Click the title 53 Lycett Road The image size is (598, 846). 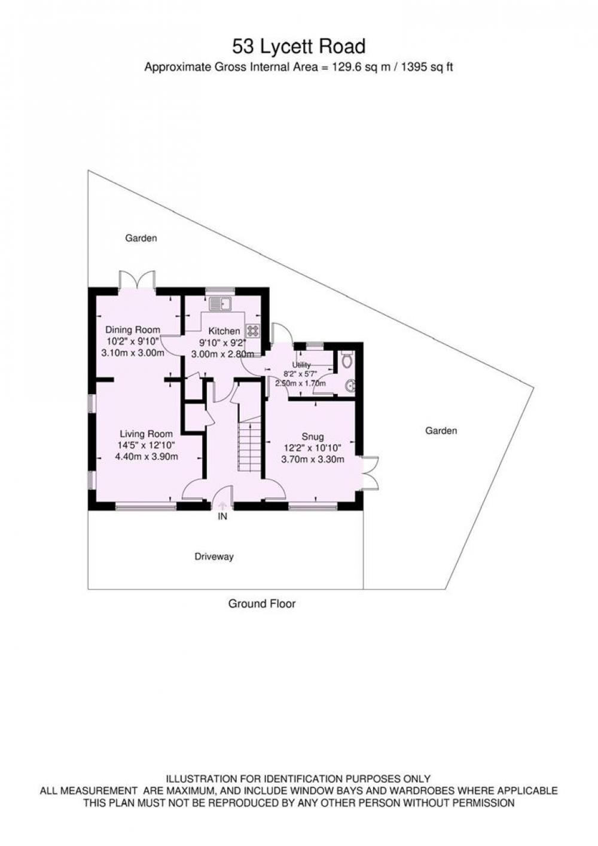299,47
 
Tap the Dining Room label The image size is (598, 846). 133,329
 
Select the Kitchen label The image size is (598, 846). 224,331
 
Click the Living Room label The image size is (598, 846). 146,434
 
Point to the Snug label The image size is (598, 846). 313,437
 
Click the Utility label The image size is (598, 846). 301,365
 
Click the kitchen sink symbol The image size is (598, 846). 221,304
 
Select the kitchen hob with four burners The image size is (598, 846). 253,331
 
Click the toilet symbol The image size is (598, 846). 346,359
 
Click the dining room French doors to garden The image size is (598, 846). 137,280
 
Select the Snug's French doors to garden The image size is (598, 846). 370,474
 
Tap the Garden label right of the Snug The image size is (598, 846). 441,430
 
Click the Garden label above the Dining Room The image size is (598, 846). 141,239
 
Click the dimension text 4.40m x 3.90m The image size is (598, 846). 146,457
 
